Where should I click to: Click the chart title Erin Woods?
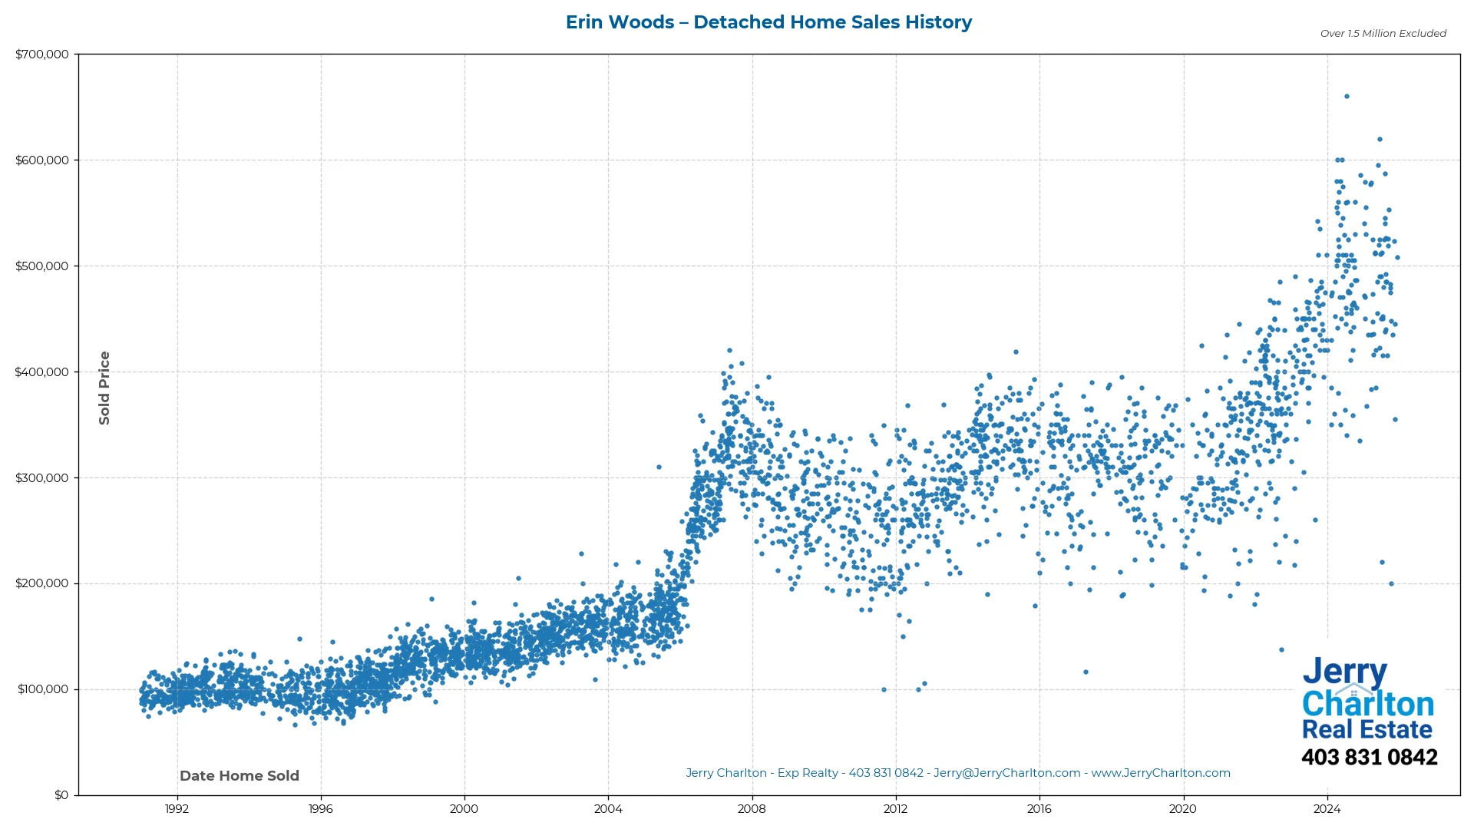coord(768,22)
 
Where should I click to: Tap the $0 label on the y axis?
coord(61,795)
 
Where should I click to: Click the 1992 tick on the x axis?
coord(177,809)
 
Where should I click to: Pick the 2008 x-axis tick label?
coord(752,809)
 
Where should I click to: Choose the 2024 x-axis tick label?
coord(1327,809)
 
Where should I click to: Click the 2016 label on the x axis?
coord(1039,809)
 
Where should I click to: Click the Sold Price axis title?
coord(104,388)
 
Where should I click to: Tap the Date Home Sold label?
coord(240,776)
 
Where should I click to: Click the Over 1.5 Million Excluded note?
coord(1383,34)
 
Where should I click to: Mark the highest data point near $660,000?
coord(1347,97)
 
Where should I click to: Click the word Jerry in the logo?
coord(1344,672)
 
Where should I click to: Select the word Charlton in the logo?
coord(1368,704)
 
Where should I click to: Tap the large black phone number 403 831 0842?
coord(1369,758)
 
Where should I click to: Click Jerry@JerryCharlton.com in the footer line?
coord(1006,774)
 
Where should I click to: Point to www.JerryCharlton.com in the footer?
coord(1161,774)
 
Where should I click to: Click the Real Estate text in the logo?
coord(1367,730)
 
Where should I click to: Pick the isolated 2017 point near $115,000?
coord(1086,672)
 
